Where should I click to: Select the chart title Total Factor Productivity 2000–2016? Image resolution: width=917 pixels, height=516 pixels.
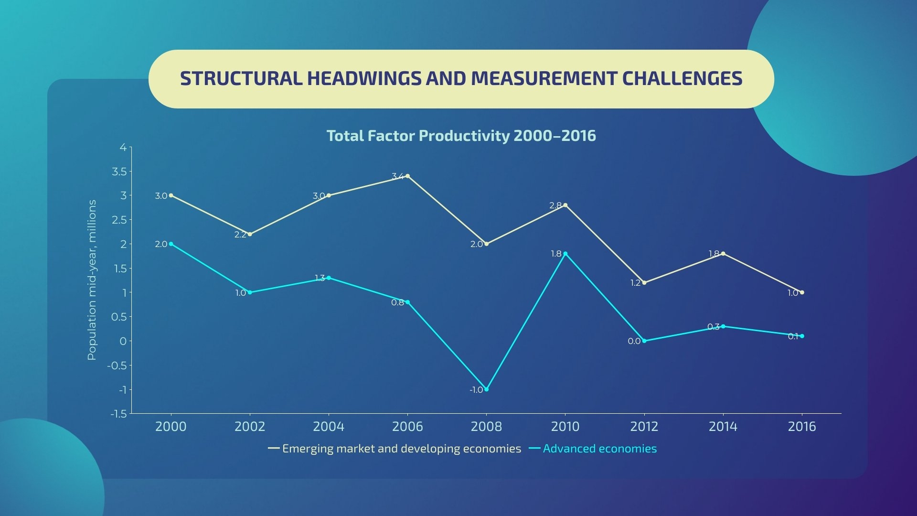click(461, 136)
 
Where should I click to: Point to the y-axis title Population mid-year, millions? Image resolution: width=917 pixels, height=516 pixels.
click(92, 279)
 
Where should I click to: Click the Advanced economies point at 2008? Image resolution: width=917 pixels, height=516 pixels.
click(486, 389)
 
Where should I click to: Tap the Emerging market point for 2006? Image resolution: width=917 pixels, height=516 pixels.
click(407, 176)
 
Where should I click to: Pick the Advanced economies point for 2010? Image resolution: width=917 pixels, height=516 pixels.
click(565, 254)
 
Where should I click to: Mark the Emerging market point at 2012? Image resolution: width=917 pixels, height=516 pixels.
click(644, 283)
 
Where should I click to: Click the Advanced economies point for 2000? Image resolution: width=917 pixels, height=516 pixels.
click(171, 244)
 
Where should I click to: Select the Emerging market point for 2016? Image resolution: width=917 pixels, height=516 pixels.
click(802, 292)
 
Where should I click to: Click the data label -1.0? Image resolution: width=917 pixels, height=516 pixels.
click(476, 390)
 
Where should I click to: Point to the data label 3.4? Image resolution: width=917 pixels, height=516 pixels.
click(397, 176)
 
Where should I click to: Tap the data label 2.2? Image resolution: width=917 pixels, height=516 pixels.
click(240, 235)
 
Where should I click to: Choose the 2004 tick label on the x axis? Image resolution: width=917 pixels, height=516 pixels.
click(329, 426)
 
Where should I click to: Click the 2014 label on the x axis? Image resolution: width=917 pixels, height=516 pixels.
click(723, 426)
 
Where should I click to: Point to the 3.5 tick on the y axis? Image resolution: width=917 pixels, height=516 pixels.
click(119, 172)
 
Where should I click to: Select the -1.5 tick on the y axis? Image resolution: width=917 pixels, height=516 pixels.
click(118, 414)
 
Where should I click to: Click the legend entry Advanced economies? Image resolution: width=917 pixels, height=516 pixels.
click(599, 449)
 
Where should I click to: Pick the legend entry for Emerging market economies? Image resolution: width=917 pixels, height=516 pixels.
click(401, 449)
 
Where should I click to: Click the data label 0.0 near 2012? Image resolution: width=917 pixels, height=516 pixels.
click(634, 341)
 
